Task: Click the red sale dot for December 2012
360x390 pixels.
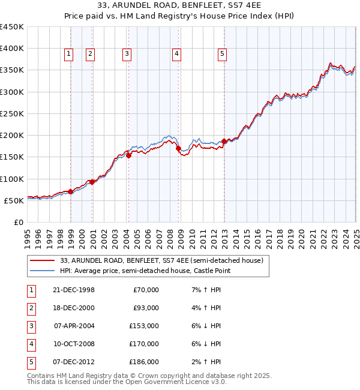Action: pos(224,142)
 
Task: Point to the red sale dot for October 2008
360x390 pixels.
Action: pos(179,149)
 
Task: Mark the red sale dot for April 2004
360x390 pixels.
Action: pos(128,156)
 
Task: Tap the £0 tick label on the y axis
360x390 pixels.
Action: pos(18,222)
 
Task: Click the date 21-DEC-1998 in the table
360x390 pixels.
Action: pos(74,290)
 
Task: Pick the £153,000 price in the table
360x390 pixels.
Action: pos(144,326)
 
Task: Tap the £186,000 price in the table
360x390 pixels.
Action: pos(144,362)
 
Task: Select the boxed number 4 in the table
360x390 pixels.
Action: pos(30,344)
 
